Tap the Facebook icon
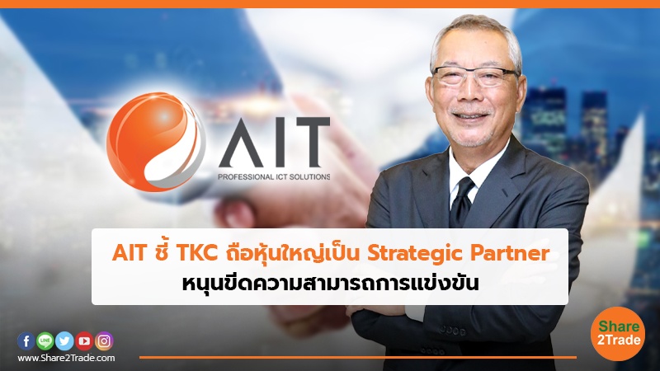tap(26, 340)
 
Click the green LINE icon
tap(45, 340)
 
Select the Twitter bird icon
tap(64, 340)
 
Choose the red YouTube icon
tap(84, 340)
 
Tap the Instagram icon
tap(104, 340)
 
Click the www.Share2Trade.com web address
tap(66, 358)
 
